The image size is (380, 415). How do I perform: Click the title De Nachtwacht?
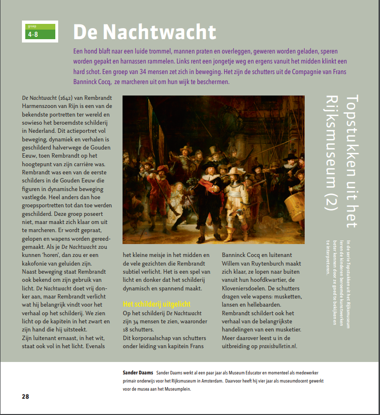tap(144, 32)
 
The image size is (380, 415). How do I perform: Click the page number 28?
tap(26, 397)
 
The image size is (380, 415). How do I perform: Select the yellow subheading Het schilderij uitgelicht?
tap(156, 304)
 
